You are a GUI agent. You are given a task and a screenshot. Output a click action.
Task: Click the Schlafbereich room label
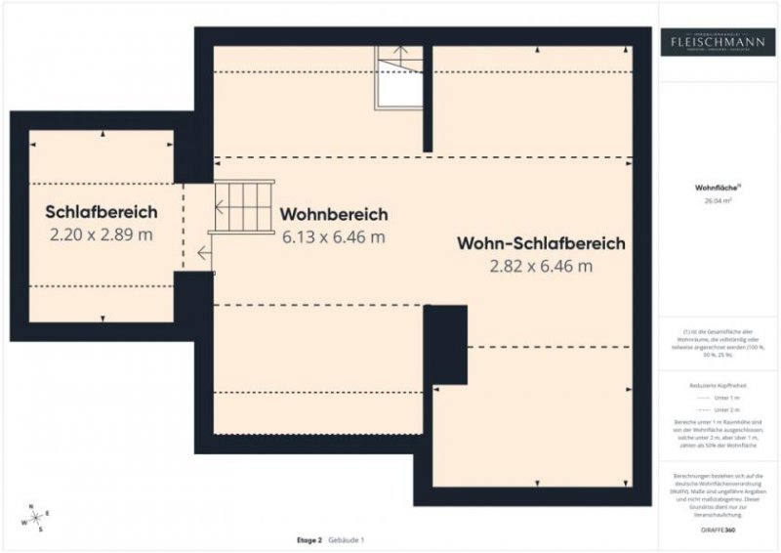click(101, 212)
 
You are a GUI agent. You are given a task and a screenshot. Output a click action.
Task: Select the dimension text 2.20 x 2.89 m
click(101, 234)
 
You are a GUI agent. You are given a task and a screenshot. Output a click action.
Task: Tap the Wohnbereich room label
click(334, 214)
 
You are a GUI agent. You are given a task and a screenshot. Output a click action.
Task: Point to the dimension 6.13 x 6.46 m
click(334, 236)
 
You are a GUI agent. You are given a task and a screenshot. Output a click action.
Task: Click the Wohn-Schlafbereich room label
click(541, 243)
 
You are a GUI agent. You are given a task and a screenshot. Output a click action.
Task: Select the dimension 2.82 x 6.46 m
click(541, 266)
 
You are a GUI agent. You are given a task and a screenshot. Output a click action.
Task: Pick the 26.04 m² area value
click(718, 199)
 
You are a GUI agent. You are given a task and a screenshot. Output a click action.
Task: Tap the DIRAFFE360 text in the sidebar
click(717, 529)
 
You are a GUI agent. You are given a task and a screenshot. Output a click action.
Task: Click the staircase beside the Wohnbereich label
click(243, 206)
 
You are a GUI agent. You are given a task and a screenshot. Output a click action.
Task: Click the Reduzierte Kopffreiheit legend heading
click(718, 386)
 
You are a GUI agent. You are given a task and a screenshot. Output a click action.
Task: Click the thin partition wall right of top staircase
click(428, 98)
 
